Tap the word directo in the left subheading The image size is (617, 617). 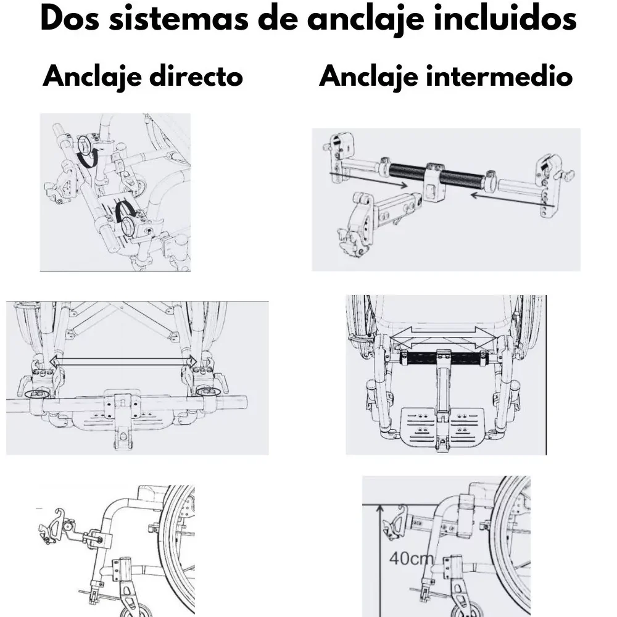click(197, 78)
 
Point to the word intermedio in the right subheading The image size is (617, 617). click(499, 78)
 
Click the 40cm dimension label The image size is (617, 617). click(411, 560)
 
